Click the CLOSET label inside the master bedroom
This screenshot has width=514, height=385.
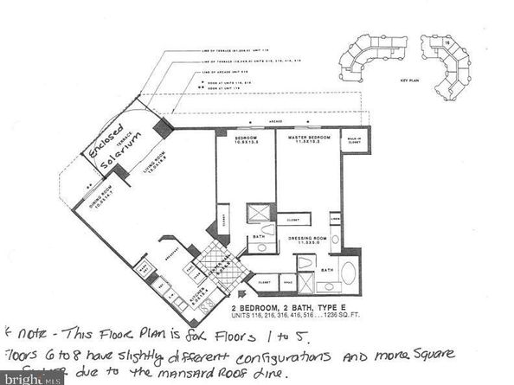tap(294, 220)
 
